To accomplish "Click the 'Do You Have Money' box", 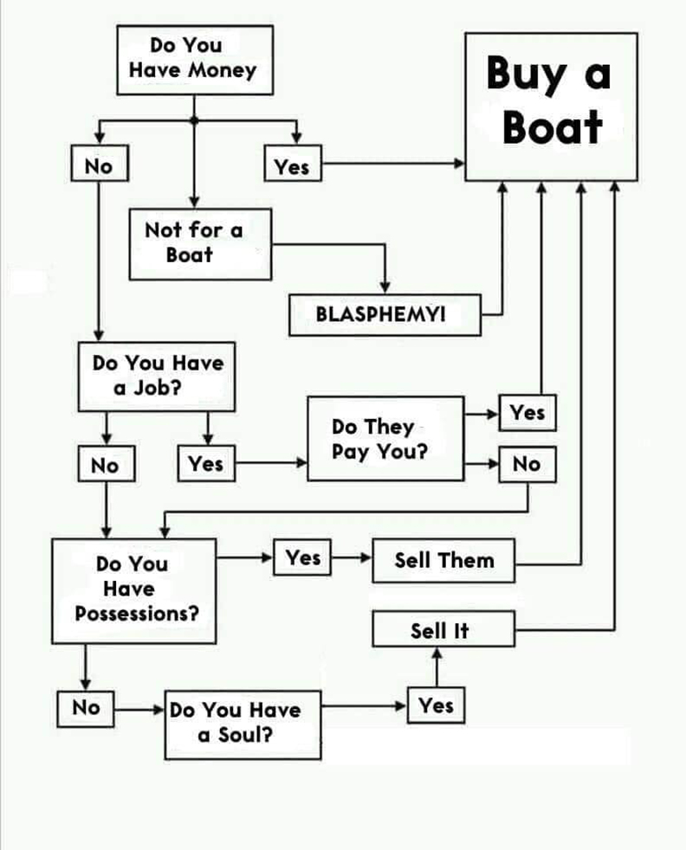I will [194, 59].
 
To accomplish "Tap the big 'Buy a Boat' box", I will [551, 106].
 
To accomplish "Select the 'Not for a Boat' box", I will [198, 243].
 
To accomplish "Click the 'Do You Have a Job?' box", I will [157, 376].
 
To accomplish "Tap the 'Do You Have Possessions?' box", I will [133, 589].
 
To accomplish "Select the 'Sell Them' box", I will [443, 560].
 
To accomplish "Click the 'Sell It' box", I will [443, 629].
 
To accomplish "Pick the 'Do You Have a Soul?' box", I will [243, 722].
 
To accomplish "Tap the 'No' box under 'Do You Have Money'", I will [100, 165].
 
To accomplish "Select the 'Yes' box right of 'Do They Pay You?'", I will [527, 413].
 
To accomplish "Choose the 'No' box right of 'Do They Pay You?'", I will [526, 465].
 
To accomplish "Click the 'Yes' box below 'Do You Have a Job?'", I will [206, 464].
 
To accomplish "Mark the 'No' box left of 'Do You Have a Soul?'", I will [87, 707].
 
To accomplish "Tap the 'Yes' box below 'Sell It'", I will [435, 706].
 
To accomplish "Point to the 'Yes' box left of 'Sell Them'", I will [302, 558].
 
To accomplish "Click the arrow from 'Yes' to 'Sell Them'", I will [352, 558].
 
